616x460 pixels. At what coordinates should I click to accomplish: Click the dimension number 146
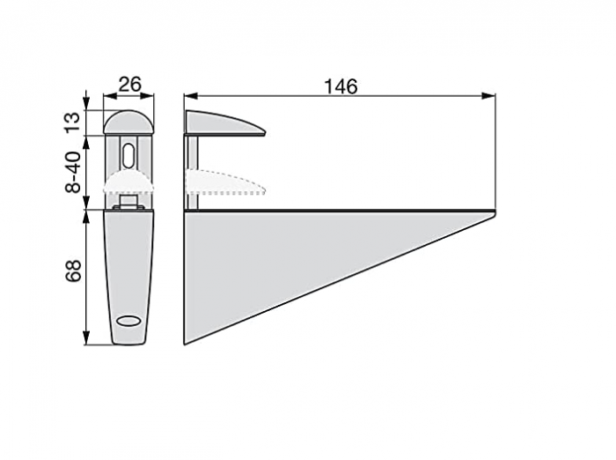pyautogui.click(x=341, y=85)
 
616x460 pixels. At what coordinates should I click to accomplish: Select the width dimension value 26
pyautogui.click(x=129, y=85)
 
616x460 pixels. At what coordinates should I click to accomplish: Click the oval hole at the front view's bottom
pyautogui.click(x=128, y=321)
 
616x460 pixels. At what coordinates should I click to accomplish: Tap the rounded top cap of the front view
pyautogui.click(x=129, y=122)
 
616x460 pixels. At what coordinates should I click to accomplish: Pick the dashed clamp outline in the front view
pyautogui.click(x=129, y=183)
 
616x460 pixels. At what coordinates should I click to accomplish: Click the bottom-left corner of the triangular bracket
pyautogui.click(x=186, y=342)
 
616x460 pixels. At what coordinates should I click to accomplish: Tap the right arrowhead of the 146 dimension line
pyautogui.click(x=490, y=95)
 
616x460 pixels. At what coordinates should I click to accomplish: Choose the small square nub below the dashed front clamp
pyautogui.click(x=129, y=202)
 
